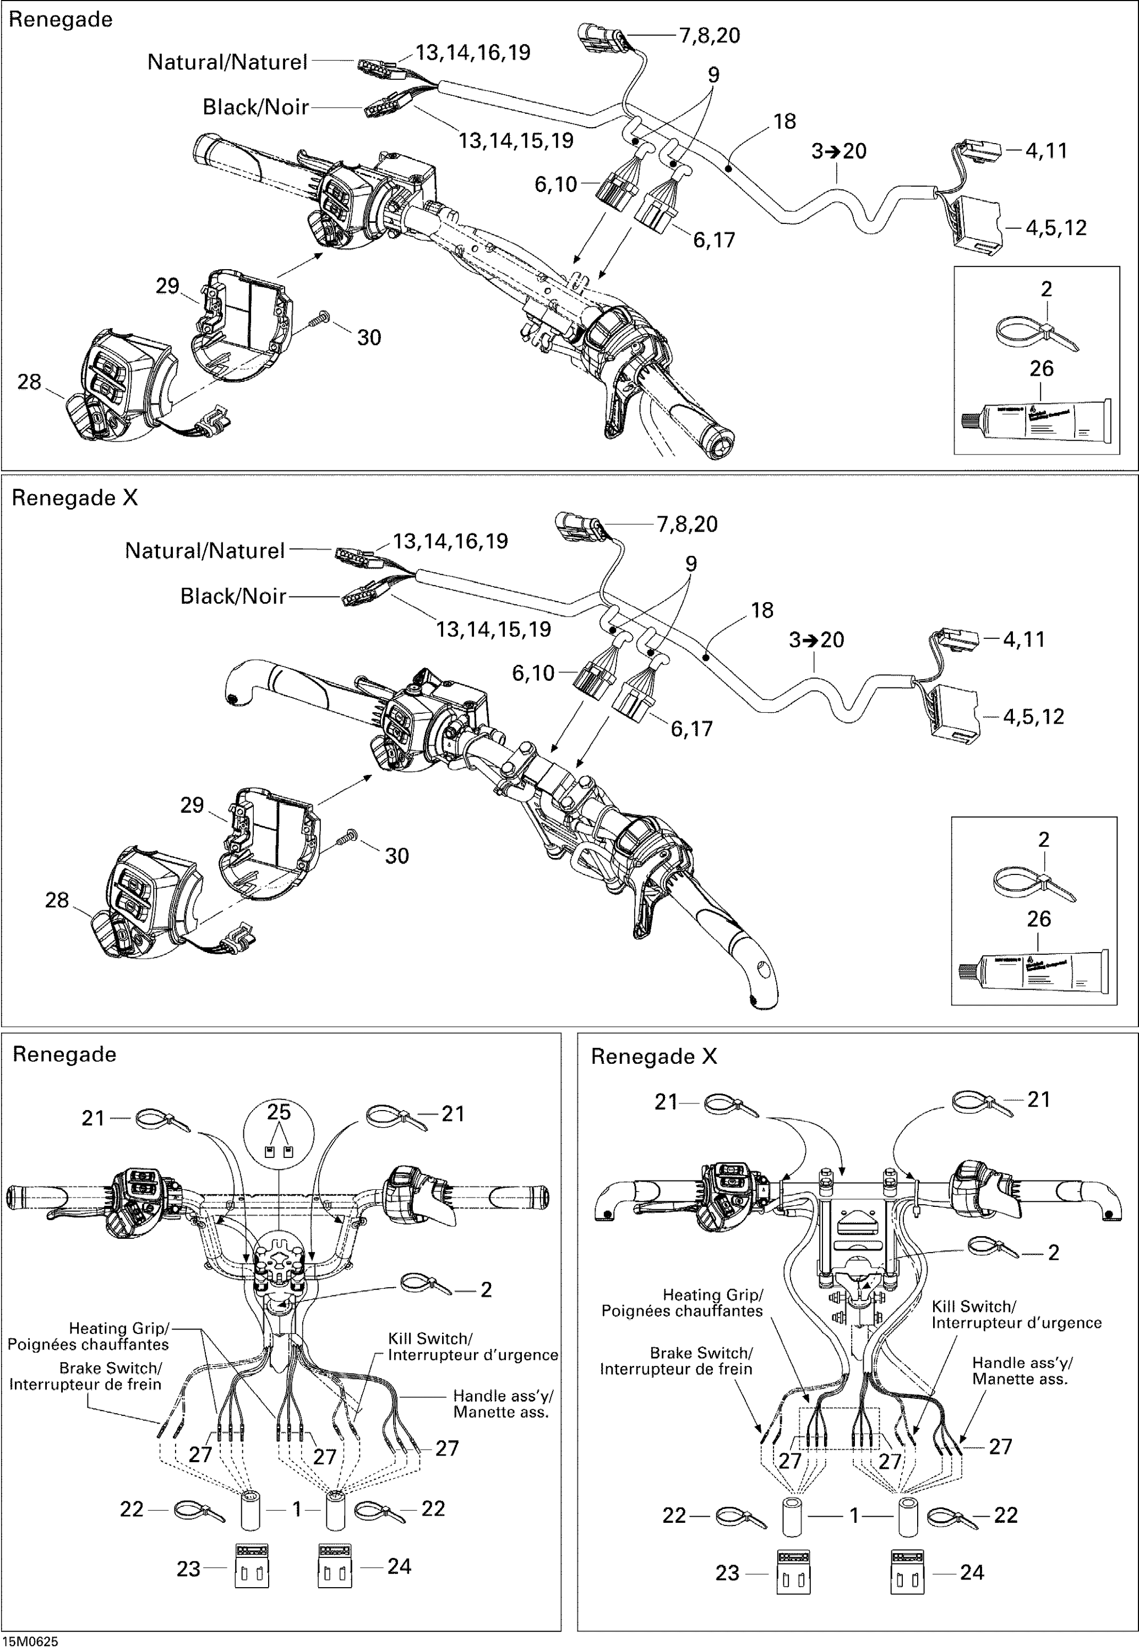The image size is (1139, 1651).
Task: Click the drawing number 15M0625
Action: [29, 1641]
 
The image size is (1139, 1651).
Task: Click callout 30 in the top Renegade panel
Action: [368, 337]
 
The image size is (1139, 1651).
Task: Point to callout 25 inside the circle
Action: [279, 1112]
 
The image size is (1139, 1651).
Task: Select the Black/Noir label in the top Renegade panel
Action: [255, 107]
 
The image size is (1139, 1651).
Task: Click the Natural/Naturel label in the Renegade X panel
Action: [204, 551]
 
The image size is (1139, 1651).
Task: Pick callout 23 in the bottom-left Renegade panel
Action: [188, 1569]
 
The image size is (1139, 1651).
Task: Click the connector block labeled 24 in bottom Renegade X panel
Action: [907, 1572]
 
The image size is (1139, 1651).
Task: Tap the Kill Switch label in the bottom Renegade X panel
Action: [1016, 1314]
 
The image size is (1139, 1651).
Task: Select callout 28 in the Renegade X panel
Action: [57, 900]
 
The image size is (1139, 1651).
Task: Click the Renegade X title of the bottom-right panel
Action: [653, 1057]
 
